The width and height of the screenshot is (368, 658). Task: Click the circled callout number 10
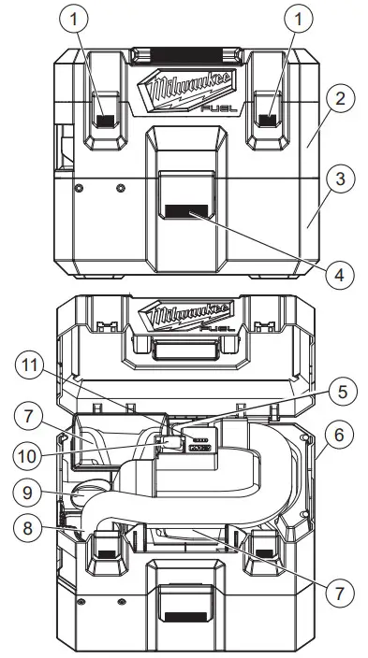[27, 456]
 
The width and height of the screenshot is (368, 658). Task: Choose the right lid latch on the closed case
[269, 120]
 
